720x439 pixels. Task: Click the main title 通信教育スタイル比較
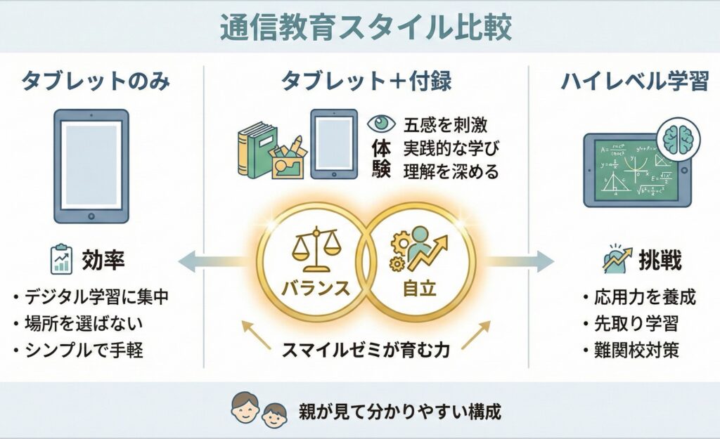click(x=360, y=28)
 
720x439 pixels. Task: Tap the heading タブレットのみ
click(x=95, y=81)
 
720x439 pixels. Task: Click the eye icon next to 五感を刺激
click(x=382, y=124)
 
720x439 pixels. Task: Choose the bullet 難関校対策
click(x=631, y=350)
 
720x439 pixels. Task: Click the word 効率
click(x=104, y=261)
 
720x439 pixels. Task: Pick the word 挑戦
click(x=660, y=261)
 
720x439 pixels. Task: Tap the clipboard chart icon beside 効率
click(x=62, y=260)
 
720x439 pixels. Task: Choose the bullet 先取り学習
click(x=631, y=324)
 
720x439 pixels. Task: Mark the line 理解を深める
click(x=450, y=171)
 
